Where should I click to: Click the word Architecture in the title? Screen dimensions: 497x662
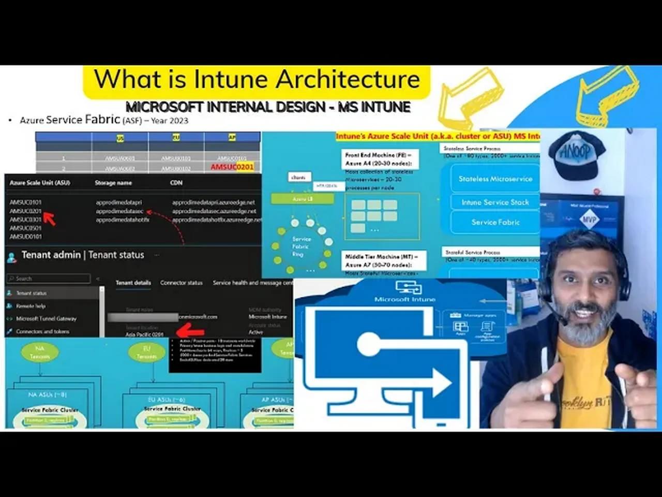[347, 80]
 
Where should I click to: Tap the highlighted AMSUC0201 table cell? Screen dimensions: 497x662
[232, 167]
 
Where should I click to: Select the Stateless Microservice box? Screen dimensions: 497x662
[495, 179]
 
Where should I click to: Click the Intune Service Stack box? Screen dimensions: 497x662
[495, 202]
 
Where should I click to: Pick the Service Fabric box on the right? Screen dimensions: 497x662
[495, 222]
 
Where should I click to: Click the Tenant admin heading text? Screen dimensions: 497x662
[51, 255]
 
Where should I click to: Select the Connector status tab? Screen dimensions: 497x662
[181, 283]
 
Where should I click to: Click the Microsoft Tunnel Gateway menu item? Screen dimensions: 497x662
[46, 318]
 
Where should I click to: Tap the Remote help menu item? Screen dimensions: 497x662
[31, 306]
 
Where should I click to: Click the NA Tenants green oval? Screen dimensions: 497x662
[40, 352]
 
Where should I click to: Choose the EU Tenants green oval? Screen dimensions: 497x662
[146, 353]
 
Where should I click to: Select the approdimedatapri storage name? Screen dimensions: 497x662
[118, 202]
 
